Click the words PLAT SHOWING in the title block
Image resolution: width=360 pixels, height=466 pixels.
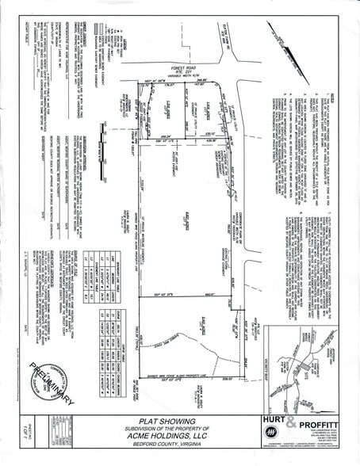click(x=179, y=423)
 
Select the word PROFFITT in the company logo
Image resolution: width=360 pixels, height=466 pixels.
click(x=322, y=422)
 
